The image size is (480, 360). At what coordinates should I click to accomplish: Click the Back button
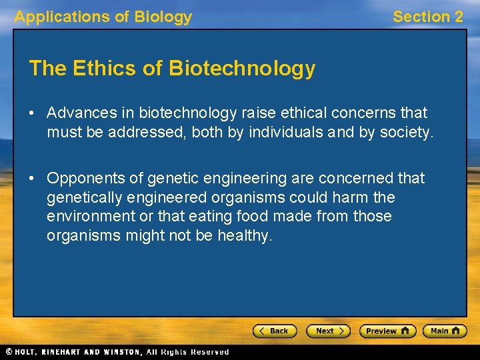[274, 331]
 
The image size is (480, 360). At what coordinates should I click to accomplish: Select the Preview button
[387, 331]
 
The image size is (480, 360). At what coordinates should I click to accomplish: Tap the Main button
[447, 331]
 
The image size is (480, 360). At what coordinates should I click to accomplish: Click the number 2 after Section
[458, 17]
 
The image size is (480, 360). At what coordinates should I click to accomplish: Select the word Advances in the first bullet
[78, 113]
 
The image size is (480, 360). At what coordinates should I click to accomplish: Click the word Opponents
[82, 178]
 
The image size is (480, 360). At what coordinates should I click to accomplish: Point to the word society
[405, 132]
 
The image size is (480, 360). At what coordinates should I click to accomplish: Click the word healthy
[245, 236]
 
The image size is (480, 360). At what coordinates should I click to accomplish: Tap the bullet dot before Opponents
[33, 179]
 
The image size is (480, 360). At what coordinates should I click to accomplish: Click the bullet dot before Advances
[33, 113]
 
